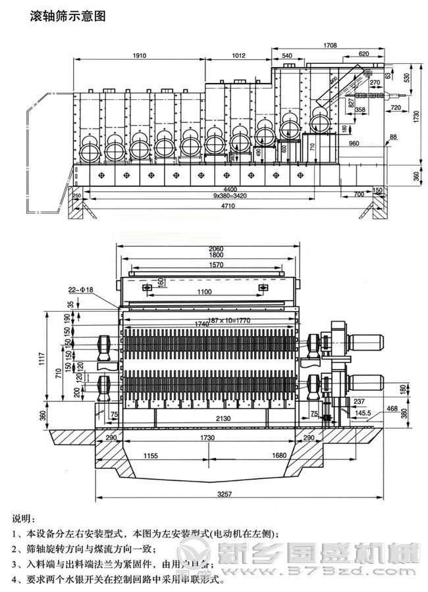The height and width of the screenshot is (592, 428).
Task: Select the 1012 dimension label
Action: [243, 56]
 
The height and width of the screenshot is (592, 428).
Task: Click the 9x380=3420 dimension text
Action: [221, 196]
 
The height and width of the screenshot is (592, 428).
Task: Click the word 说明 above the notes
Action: [24, 519]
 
